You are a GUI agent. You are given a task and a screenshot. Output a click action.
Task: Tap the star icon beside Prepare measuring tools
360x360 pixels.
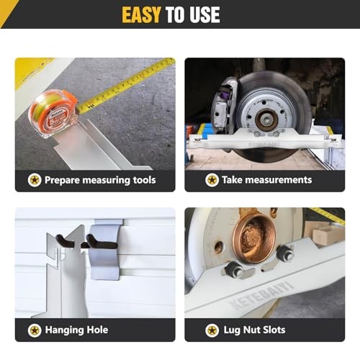(34, 180)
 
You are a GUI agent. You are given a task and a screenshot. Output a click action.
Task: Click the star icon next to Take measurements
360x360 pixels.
(212, 180)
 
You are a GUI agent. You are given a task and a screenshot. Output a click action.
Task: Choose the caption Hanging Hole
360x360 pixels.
(76, 330)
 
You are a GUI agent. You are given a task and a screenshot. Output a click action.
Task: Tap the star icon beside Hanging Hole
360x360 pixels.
(34, 330)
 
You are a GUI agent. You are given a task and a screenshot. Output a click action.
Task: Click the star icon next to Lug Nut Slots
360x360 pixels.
(212, 330)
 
